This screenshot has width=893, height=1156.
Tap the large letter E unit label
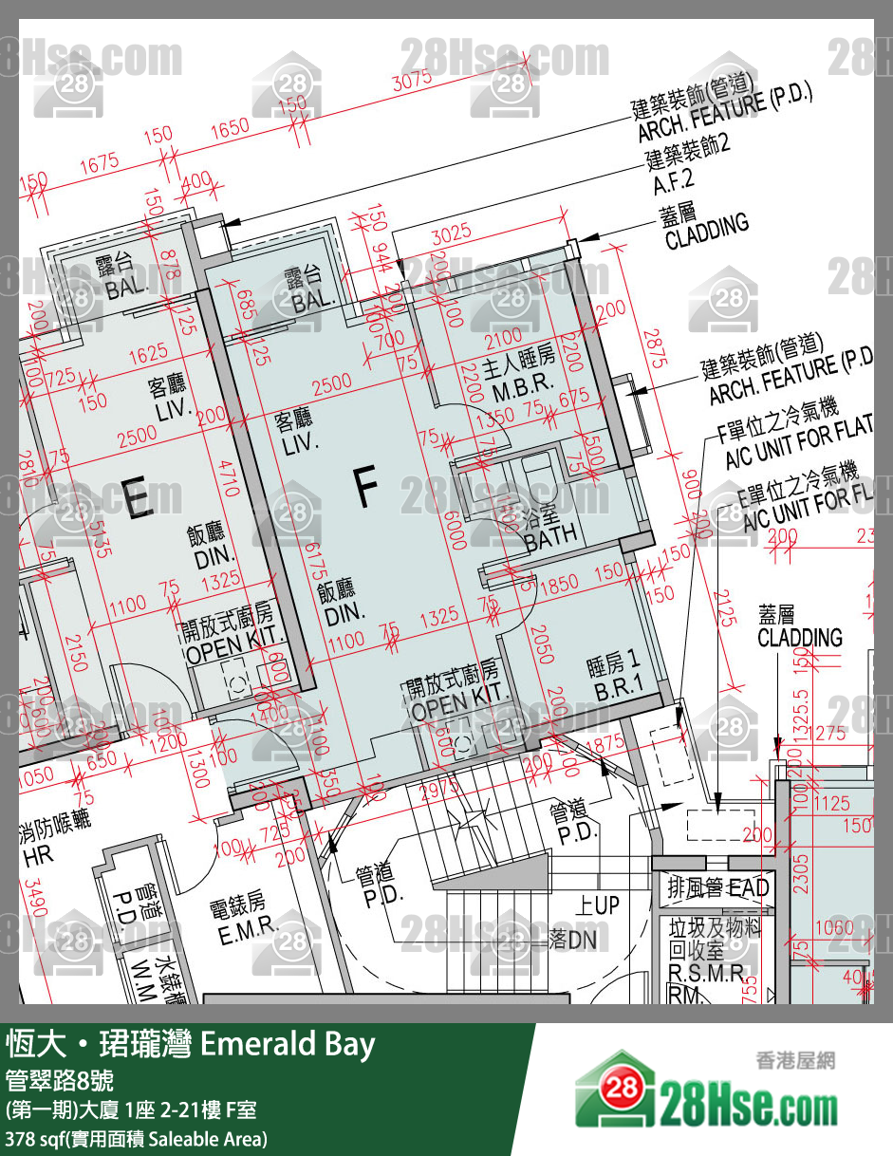[138, 499]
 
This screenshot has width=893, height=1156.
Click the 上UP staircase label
[597, 905]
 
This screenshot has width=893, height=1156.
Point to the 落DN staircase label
[572, 940]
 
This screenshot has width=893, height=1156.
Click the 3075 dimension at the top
[412, 82]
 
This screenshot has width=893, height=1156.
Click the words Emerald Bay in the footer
[288, 1045]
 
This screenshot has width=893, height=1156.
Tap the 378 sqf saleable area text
[138, 1137]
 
